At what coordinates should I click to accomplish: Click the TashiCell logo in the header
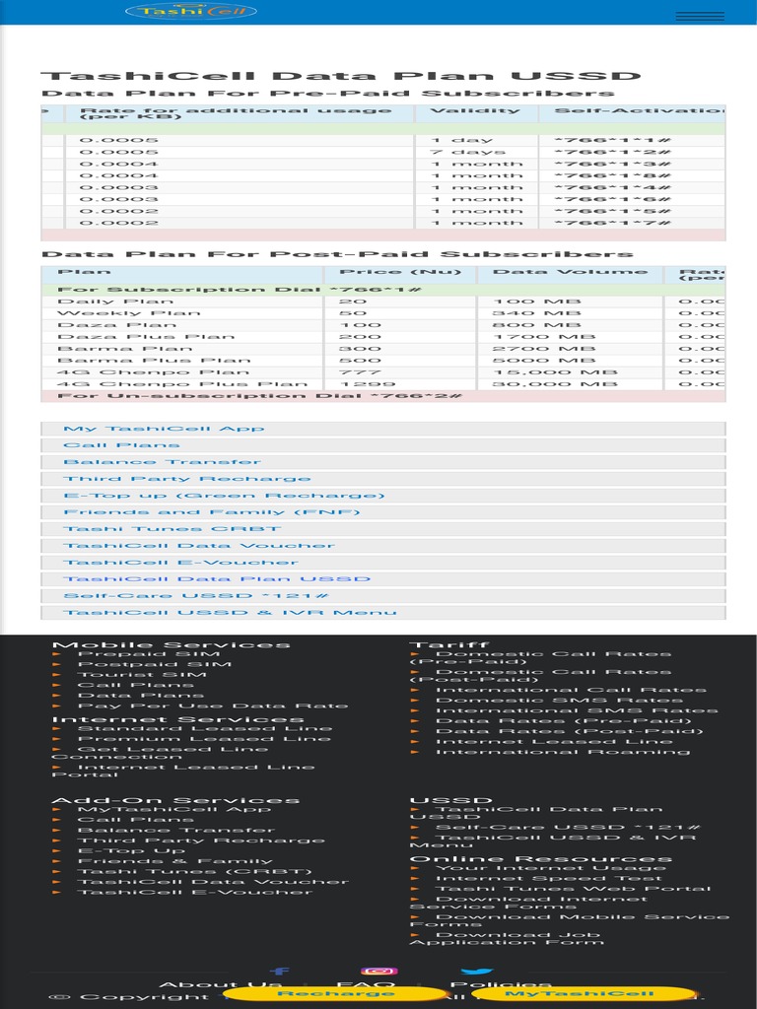(191, 12)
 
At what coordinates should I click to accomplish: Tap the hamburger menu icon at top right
(699, 16)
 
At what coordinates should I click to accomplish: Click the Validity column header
(475, 110)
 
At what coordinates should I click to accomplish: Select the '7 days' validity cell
(467, 153)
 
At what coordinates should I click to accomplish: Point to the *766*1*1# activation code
(612, 140)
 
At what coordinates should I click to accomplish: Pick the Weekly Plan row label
(129, 313)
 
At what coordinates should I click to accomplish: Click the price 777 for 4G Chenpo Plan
(352, 372)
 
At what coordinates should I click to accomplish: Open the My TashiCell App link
(164, 429)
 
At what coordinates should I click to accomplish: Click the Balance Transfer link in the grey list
(163, 462)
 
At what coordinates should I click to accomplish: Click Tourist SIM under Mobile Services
(142, 675)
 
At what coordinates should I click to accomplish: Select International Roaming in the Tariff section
(563, 752)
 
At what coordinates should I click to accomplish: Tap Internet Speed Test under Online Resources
(549, 879)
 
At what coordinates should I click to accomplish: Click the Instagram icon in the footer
(378, 972)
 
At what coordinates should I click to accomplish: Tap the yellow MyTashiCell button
(585, 994)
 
